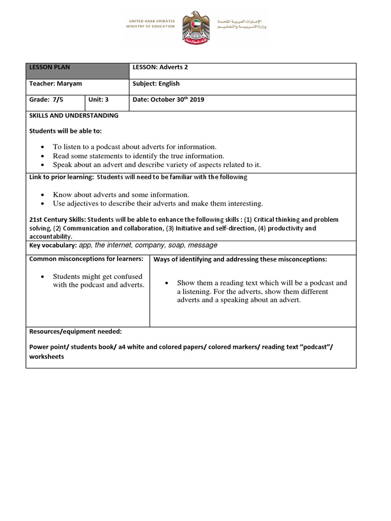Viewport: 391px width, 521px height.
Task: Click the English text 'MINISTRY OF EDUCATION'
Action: coord(151,27)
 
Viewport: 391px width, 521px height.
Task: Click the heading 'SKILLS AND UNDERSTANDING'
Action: coord(74,115)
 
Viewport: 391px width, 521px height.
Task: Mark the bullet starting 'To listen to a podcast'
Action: coord(134,147)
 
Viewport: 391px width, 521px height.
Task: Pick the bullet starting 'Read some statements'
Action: coord(138,156)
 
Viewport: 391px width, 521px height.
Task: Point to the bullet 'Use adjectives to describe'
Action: coord(158,204)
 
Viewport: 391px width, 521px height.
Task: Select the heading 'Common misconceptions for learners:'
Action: coord(87,259)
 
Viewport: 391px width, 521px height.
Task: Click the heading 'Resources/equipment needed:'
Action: coord(75,331)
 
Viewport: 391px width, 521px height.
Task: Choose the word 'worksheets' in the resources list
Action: coord(47,357)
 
